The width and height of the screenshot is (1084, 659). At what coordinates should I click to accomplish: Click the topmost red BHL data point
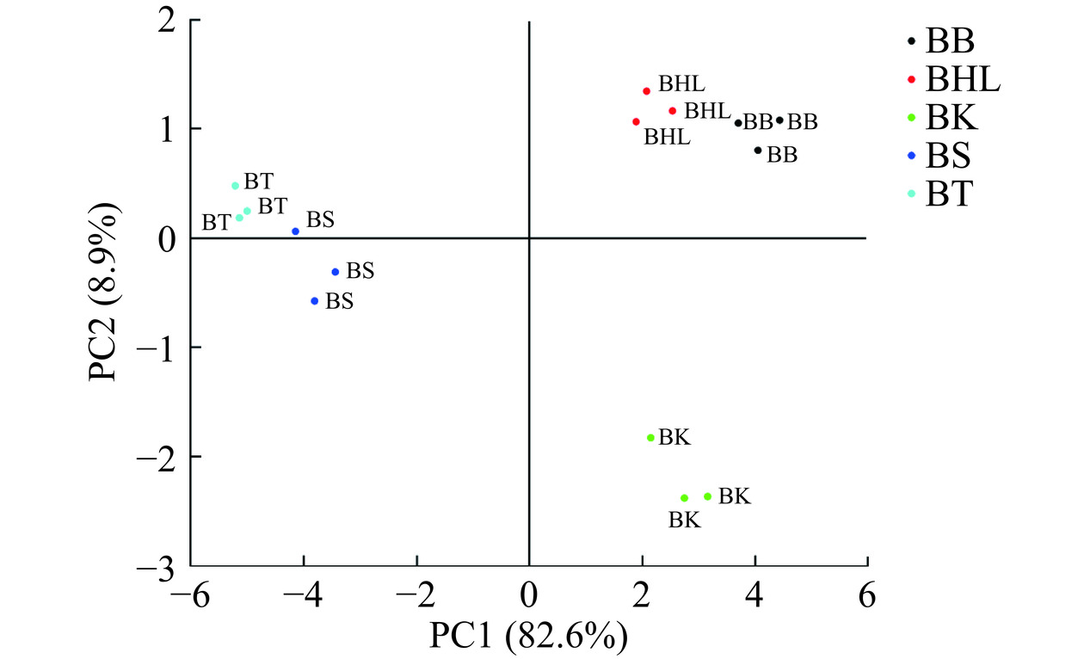click(x=646, y=91)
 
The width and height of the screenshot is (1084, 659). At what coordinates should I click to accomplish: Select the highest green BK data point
click(x=650, y=438)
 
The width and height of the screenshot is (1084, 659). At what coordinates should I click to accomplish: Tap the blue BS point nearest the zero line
click(x=295, y=231)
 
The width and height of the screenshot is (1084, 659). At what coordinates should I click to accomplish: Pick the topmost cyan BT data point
click(x=235, y=186)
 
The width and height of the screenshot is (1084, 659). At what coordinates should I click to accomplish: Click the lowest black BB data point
click(x=758, y=151)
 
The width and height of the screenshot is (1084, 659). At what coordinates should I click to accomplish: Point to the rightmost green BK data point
click(x=707, y=496)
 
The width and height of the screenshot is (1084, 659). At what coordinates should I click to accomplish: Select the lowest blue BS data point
click(x=315, y=301)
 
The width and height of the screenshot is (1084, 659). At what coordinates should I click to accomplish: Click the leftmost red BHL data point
click(x=636, y=122)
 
